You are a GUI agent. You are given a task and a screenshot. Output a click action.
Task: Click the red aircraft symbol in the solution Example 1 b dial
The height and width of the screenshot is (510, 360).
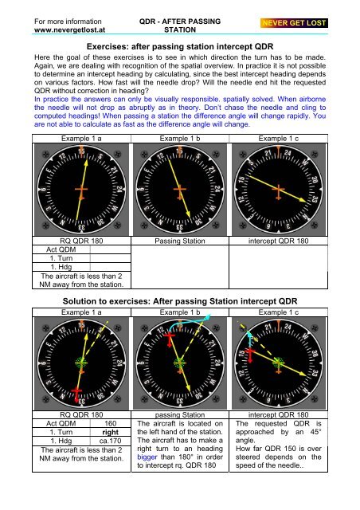point(169,339)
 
